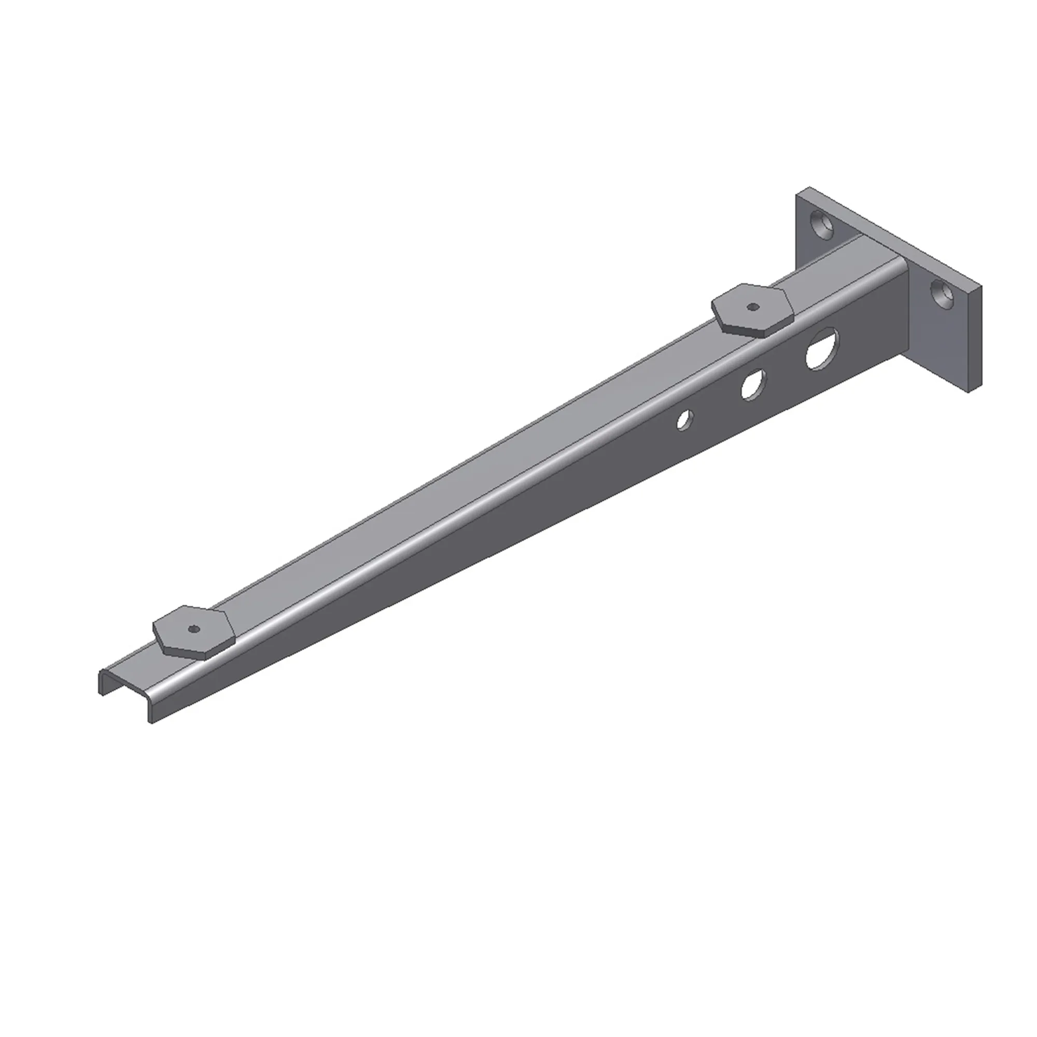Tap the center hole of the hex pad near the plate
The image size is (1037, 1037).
(752, 307)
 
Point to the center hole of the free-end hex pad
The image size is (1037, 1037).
(194, 629)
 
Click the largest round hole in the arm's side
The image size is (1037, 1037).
(821, 349)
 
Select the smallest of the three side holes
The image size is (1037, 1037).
(684, 420)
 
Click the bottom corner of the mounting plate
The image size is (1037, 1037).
(970, 392)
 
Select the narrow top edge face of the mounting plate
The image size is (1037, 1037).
(891, 236)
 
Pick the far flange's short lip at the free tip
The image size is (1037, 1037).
(101, 683)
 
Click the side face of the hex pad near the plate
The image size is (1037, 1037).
(744, 330)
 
